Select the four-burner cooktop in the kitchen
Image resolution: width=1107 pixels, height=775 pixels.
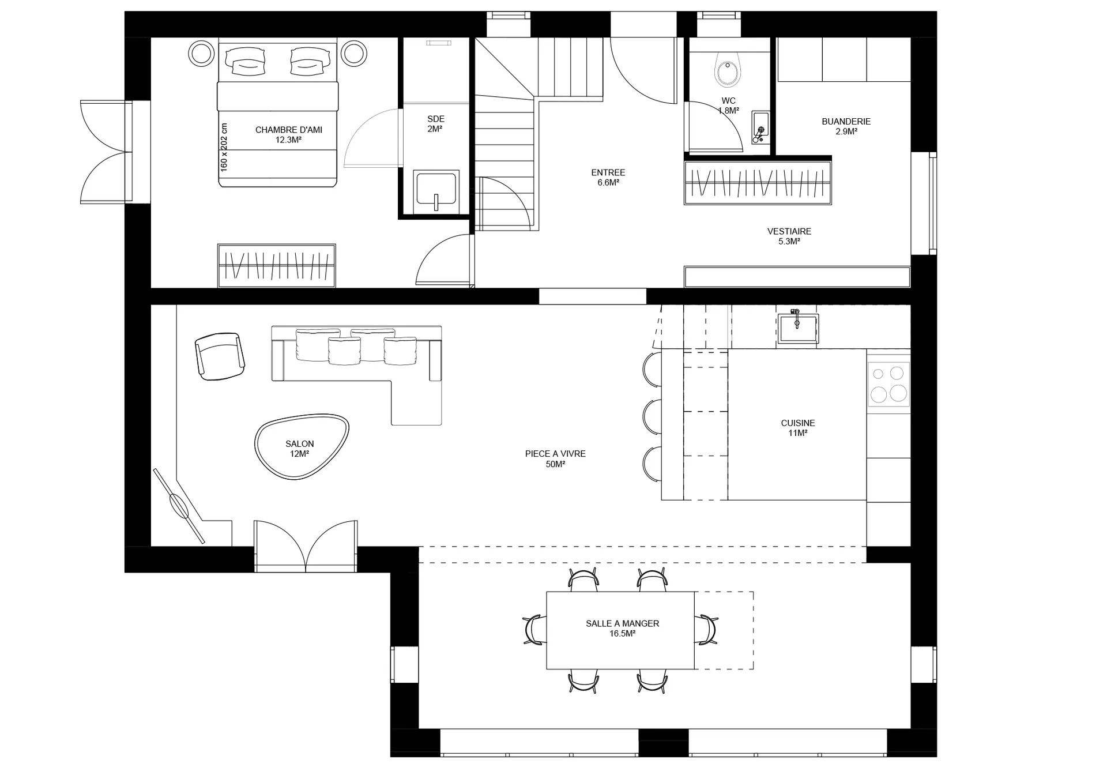tap(888, 384)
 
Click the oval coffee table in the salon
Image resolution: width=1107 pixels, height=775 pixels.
tap(302, 447)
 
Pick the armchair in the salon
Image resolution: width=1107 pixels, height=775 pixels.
tap(220, 356)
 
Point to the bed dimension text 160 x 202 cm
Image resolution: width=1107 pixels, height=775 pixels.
tap(224, 147)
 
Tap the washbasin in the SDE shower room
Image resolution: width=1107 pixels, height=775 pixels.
tap(436, 188)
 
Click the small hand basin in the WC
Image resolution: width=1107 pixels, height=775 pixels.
tap(760, 127)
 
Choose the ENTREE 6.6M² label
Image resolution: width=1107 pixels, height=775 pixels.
tap(608, 178)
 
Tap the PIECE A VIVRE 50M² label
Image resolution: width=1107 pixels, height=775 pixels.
tap(555, 459)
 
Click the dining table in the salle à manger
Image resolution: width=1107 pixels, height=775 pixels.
tap(620, 630)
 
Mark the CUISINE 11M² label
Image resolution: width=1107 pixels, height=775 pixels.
tap(798, 428)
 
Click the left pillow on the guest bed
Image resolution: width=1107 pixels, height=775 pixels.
tap(245, 61)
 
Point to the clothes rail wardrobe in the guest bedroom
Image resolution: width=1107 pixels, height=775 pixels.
tap(277, 266)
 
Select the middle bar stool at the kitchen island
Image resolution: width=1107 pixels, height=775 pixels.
tap(652, 417)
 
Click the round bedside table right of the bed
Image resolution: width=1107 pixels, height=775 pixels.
tap(354, 53)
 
